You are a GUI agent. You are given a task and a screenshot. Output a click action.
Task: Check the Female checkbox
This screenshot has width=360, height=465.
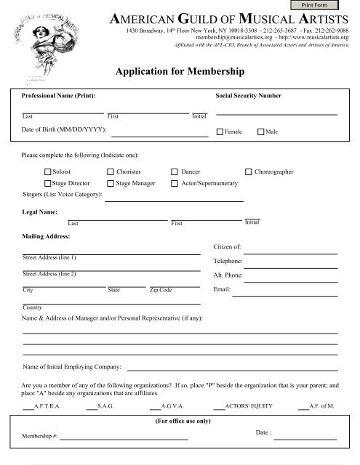tap(220, 132)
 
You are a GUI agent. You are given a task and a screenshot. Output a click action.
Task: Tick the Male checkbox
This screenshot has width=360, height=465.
tap(261, 132)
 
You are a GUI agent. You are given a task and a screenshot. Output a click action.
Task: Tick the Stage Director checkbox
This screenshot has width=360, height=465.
tap(48, 185)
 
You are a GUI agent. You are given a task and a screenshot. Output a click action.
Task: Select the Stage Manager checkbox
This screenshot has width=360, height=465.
tap(111, 185)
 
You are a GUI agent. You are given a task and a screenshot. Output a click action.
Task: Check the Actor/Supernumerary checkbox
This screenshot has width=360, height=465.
tap(175, 185)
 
